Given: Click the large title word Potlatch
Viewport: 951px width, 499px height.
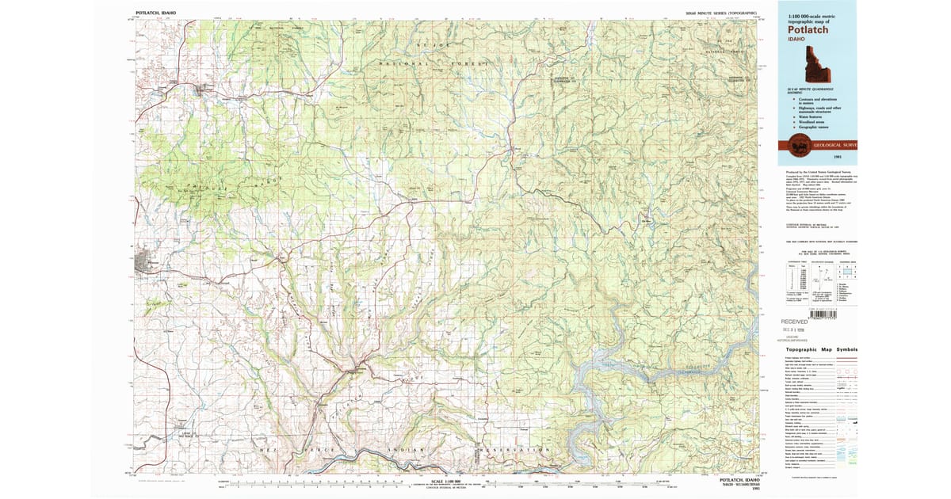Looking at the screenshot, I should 808,29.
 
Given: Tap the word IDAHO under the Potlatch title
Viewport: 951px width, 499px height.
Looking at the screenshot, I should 796,39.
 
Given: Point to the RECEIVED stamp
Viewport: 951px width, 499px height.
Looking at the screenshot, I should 794,322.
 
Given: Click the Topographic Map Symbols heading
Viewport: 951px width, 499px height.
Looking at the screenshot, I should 821,350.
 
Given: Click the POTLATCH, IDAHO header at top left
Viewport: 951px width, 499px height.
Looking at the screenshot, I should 156,13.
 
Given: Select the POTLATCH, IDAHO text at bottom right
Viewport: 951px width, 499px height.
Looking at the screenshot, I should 736,481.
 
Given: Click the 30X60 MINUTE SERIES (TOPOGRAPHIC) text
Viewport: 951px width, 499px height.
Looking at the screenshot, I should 720,14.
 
